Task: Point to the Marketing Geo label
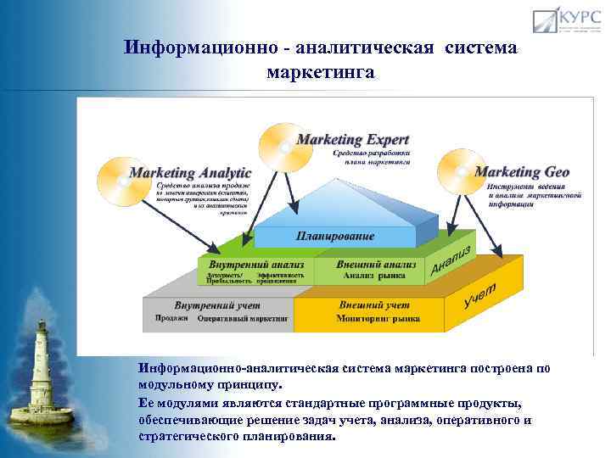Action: point(522,171)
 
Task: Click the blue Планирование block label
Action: point(334,235)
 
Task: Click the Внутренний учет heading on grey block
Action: point(217,304)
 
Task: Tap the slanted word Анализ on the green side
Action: point(451,258)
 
